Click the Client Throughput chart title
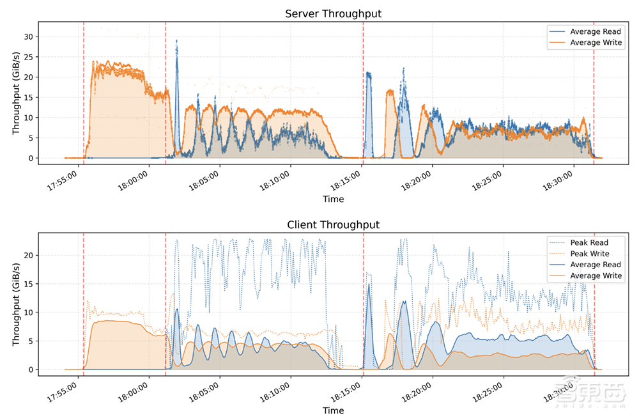[x=333, y=224]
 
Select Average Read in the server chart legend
[x=595, y=31]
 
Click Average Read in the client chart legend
[x=595, y=265]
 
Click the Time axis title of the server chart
[x=333, y=199]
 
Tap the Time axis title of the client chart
[x=333, y=410]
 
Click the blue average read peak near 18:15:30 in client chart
[x=369, y=284]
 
